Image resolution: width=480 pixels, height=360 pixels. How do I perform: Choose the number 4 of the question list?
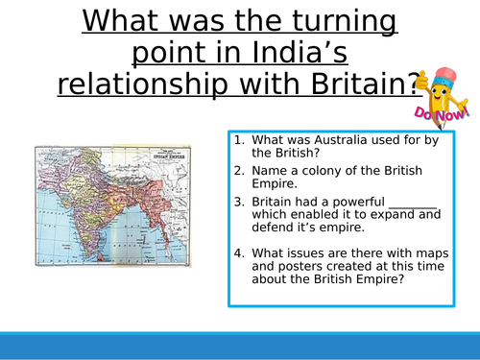coord(238,252)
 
